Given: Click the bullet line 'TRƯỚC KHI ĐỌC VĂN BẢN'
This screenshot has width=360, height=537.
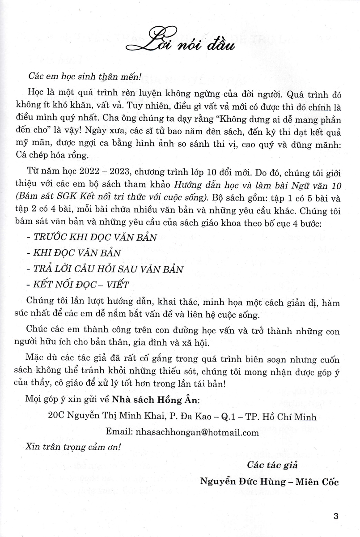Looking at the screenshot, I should pyautogui.click(x=97, y=237).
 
